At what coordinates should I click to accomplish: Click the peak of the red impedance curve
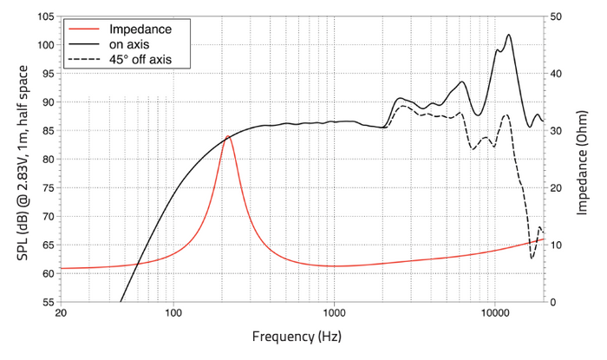[x=227, y=136]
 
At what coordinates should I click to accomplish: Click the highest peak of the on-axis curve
[x=509, y=35]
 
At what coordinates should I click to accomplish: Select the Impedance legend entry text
[x=140, y=29]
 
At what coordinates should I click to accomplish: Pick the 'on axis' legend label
[x=129, y=44]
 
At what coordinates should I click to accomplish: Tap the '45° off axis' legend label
[x=140, y=59]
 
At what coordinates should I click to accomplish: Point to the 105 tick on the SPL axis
[x=47, y=16]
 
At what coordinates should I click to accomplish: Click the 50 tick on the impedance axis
[x=556, y=16]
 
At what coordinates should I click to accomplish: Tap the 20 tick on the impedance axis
[x=556, y=187]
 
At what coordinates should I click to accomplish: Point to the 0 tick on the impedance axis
[x=553, y=302]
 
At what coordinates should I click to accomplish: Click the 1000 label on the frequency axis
[x=334, y=312]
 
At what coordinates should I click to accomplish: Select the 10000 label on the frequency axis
[x=495, y=312]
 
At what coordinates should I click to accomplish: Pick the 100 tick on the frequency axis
[x=173, y=312]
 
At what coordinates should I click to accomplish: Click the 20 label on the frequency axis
[x=62, y=312]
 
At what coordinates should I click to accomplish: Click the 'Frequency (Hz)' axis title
[x=297, y=337]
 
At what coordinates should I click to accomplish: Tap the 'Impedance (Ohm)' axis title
[x=582, y=162]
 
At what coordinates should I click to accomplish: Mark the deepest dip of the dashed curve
[x=532, y=259]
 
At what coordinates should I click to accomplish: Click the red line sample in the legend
[x=83, y=29]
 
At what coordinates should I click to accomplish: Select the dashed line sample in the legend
[x=83, y=59]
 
